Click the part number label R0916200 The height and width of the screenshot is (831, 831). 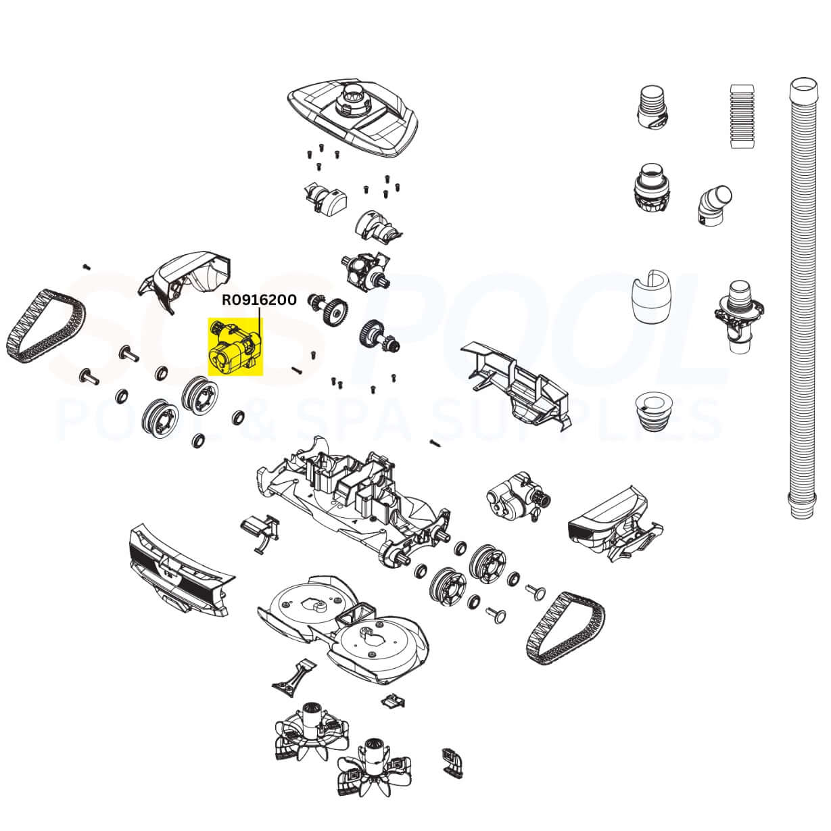259,300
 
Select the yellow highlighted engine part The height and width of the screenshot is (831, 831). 235,347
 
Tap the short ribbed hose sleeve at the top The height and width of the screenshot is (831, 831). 742,116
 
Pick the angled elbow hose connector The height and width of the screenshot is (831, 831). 714,204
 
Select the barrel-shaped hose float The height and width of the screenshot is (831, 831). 651,296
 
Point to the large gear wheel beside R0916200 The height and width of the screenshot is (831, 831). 335,310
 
